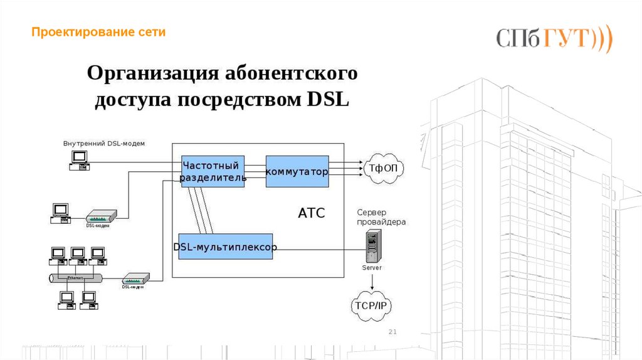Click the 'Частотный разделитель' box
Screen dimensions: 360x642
[x=213, y=171]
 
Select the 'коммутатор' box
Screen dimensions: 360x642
[x=297, y=171]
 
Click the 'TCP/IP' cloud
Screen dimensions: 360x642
[x=372, y=305]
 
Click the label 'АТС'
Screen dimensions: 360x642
[x=311, y=213]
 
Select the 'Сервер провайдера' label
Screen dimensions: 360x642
[x=381, y=217]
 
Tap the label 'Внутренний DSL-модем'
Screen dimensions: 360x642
[x=103, y=144]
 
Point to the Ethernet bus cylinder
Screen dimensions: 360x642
[x=75, y=277]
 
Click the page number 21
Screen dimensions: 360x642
[x=394, y=332]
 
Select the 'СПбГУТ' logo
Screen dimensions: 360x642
[x=554, y=38]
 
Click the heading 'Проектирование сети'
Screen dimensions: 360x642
[x=99, y=32]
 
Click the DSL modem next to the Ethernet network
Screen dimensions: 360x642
[x=135, y=278]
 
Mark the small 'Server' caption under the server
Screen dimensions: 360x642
[x=372, y=268]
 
